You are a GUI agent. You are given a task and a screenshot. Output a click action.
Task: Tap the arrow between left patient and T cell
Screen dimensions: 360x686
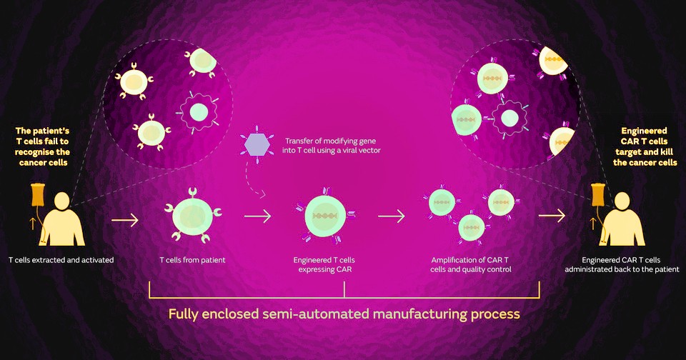[x=125, y=220]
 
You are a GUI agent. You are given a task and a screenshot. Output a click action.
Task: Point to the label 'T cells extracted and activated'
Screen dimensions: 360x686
[x=61, y=260]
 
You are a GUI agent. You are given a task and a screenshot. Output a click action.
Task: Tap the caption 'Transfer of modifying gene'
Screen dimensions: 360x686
[x=329, y=140]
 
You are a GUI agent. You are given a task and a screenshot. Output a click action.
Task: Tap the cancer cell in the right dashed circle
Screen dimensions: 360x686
[x=509, y=117]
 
